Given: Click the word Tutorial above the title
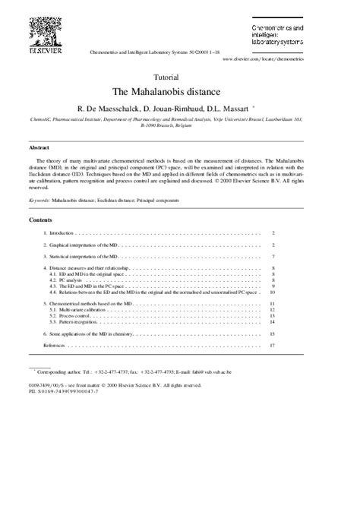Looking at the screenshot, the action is click(166, 77).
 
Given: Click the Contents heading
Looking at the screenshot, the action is click(40, 219).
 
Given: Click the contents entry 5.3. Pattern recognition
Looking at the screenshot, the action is click(74, 321).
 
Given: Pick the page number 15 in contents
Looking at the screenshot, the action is click(271, 334).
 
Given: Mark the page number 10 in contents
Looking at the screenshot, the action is click(271, 292).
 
